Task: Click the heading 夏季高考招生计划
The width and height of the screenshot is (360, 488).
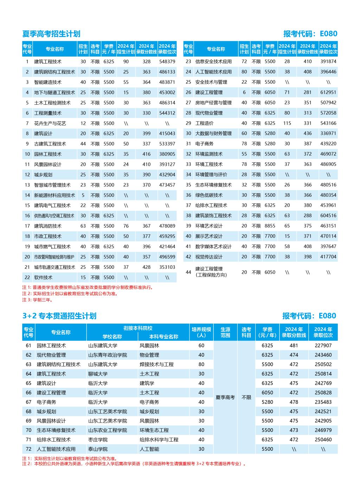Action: pos(51,34)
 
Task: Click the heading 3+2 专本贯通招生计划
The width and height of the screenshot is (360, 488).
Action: pos(59,316)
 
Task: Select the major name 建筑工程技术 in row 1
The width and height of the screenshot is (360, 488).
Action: pos(48,61)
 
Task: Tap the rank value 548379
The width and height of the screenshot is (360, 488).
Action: pos(167,61)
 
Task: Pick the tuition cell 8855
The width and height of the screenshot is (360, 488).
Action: pos(270,226)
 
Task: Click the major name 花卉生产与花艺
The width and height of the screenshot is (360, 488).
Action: pos(50,123)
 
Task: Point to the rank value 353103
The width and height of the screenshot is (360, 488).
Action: pos(167,267)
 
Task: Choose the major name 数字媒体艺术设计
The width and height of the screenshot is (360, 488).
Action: pos(213,247)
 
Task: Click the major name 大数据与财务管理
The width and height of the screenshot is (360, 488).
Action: pos(213,134)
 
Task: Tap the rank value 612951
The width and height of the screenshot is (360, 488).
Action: pos(328,92)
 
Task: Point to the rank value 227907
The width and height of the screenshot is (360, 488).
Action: pos(323,345)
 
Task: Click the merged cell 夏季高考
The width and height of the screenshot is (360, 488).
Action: pos(225,397)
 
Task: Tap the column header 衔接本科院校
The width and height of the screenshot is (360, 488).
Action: pos(138,328)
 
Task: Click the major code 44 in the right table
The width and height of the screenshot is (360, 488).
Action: pos(188,272)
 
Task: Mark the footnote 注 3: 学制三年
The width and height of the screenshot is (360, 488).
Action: pos(37,300)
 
